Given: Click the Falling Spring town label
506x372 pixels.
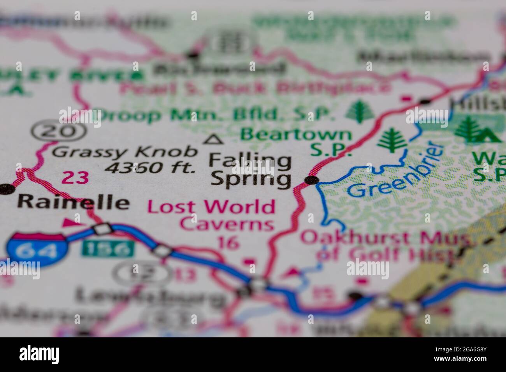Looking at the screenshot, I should [x=251, y=170].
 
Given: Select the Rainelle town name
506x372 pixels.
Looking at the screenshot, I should [x=74, y=202].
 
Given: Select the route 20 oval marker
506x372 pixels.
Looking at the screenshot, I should [x=59, y=132].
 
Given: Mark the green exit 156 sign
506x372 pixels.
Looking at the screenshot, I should [x=107, y=249].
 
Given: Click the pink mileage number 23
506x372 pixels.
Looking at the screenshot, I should [x=75, y=178].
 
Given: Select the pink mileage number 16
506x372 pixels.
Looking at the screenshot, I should [x=228, y=243].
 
